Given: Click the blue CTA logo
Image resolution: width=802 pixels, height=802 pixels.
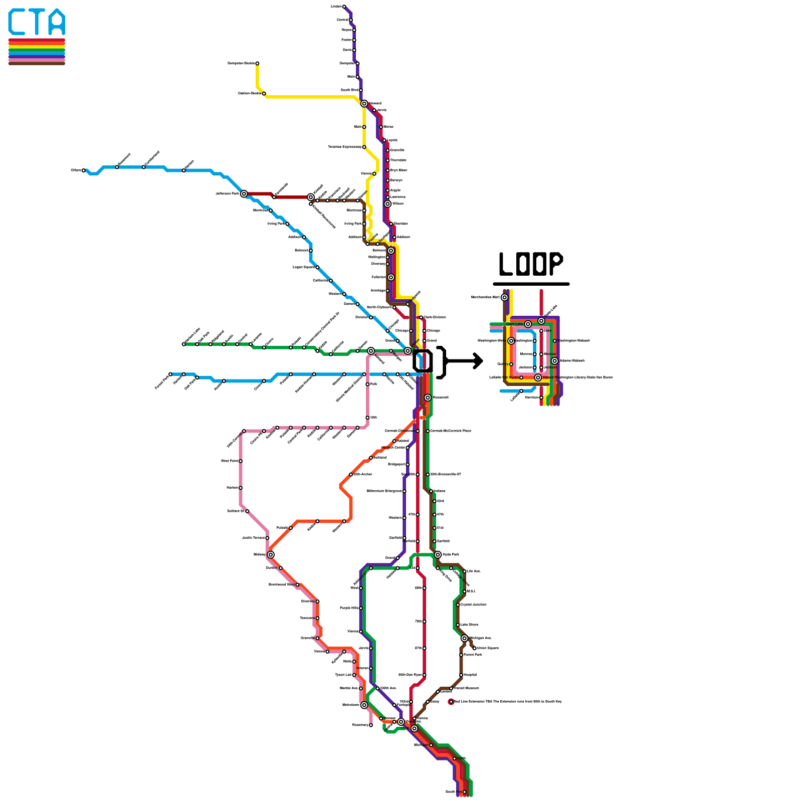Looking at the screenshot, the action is click(x=37, y=22).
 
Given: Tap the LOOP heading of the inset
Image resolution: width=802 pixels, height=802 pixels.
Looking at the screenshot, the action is click(x=531, y=264).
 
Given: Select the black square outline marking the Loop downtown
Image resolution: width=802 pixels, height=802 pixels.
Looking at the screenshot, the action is click(x=423, y=361).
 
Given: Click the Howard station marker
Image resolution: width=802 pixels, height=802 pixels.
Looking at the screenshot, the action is click(x=364, y=104).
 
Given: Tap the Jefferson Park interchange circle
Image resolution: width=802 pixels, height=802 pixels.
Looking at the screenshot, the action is click(x=244, y=194).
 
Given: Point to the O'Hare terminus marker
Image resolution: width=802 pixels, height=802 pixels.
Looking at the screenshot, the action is click(x=84, y=170).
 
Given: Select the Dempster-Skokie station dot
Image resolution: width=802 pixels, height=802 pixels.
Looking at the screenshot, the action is click(x=257, y=64).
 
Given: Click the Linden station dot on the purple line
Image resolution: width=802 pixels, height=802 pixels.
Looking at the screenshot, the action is click(x=344, y=7).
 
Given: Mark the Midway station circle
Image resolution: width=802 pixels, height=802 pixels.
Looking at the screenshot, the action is click(x=271, y=555).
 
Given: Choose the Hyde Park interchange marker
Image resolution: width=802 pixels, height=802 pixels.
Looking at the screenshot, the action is click(x=438, y=555).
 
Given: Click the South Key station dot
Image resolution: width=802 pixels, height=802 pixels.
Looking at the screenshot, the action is click(x=464, y=792).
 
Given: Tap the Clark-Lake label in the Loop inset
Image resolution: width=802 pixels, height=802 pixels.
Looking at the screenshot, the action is click(x=514, y=324).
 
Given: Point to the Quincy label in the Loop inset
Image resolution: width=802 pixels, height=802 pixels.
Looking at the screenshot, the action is click(x=502, y=364).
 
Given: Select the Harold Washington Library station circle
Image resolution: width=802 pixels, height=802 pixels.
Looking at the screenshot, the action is click(x=538, y=377).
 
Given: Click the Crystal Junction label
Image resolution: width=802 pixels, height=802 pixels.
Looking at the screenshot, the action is click(x=473, y=605).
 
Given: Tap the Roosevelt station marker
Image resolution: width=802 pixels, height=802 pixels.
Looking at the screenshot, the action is click(x=428, y=397).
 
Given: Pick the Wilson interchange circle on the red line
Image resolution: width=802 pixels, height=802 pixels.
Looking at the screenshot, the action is click(x=387, y=204).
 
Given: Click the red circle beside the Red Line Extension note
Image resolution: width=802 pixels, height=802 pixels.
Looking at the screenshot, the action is click(x=451, y=702).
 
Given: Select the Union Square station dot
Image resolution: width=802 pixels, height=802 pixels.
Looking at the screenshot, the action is click(x=474, y=648).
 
